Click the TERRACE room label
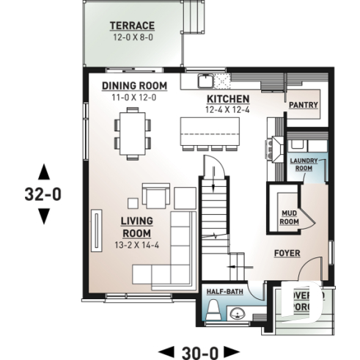132,25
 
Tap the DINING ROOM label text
134,86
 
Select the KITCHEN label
228,99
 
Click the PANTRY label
303,105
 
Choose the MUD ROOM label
290,216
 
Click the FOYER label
287,253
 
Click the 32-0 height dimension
43,194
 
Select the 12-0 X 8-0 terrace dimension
132,37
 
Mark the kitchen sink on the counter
207,78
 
